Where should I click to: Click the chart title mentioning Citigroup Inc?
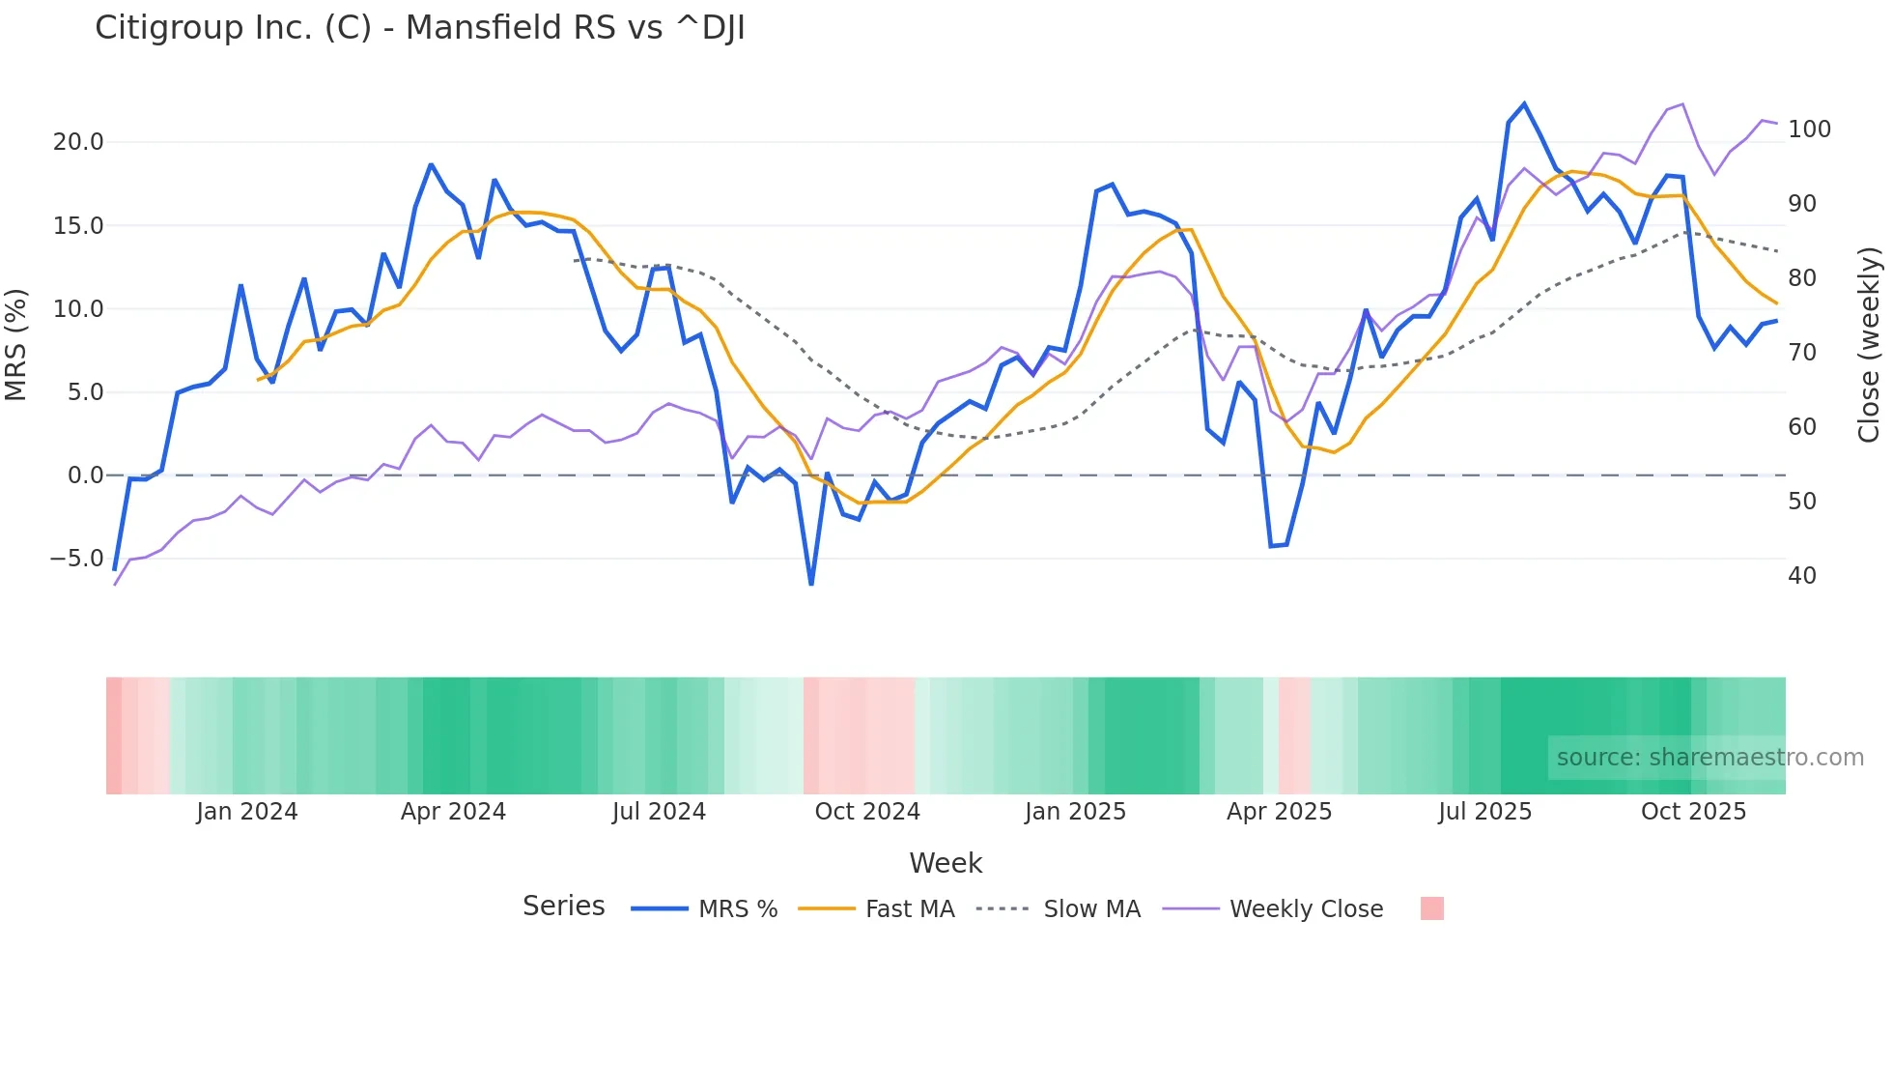point(419,28)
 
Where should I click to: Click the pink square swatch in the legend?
point(1432,908)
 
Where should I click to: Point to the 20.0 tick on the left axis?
point(77,142)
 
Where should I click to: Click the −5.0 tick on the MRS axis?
point(76,559)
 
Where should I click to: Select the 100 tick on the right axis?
point(1809,130)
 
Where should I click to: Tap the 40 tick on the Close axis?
point(1802,576)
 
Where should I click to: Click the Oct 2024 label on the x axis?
point(867,812)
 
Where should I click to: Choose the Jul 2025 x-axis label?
point(1484,812)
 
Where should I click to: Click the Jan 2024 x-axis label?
point(246,812)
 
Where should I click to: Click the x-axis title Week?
point(946,863)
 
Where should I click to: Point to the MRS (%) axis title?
point(15,345)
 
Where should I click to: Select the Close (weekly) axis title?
point(1869,345)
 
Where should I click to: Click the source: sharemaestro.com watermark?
point(1709,758)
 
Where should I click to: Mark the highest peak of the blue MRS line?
point(1524,103)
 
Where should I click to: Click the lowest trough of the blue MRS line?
point(811,584)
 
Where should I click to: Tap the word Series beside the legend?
point(563,907)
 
